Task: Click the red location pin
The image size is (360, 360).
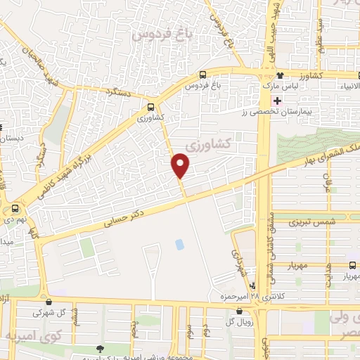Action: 181,165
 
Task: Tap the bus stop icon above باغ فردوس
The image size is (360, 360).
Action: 202,75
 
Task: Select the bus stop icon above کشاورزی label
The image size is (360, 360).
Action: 151,108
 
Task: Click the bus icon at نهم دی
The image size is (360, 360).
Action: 15,208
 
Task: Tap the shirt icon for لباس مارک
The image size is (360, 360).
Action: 281,75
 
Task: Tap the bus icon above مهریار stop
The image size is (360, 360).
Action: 352,264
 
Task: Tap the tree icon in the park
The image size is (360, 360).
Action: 99,349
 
